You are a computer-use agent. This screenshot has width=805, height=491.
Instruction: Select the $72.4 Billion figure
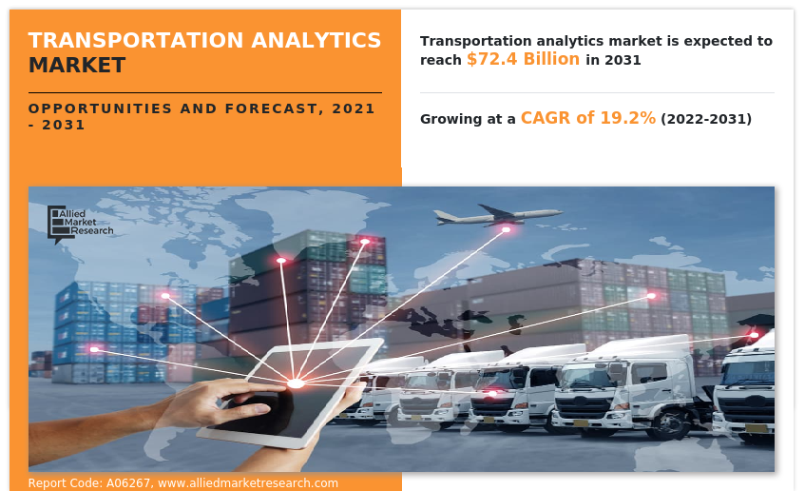coord(523,59)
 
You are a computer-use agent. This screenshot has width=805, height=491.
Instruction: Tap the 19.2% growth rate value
coord(628,118)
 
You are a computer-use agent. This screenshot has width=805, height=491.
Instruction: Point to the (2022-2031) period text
coord(706,119)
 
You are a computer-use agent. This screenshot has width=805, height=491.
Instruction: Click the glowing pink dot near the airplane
coord(506,229)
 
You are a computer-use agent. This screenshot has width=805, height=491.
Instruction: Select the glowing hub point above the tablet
coord(296,383)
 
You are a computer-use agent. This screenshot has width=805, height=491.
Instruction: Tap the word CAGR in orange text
coord(546,118)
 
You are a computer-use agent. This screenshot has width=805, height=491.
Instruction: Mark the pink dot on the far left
coord(94,349)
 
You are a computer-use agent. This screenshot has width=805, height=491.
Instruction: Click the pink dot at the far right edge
coord(754,334)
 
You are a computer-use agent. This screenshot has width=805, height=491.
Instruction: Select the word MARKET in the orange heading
coord(76,65)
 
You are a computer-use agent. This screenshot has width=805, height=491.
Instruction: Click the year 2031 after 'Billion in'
coord(623,60)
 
